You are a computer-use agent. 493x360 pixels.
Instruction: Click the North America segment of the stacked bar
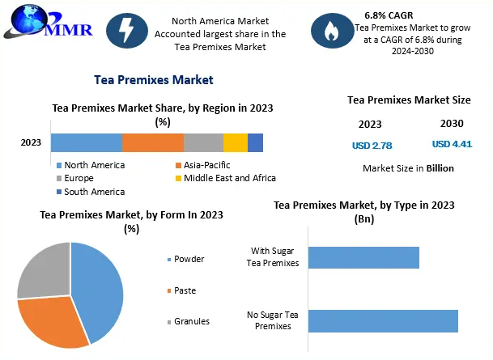pyautogui.click(x=86, y=143)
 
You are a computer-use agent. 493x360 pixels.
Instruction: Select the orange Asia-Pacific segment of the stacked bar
pyautogui.click(x=153, y=143)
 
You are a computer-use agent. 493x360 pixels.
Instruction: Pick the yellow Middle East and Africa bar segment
pyautogui.click(x=236, y=143)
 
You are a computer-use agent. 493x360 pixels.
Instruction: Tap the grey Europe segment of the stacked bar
pyautogui.click(x=203, y=143)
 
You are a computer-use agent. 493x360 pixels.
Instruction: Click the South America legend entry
pyautogui.click(x=94, y=192)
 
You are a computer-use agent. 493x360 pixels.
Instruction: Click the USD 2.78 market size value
pyautogui.click(x=372, y=146)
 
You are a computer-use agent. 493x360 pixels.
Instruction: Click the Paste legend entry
pyautogui.click(x=184, y=290)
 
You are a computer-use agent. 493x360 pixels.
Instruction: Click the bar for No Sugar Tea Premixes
pyautogui.click(x=383, y=320)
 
